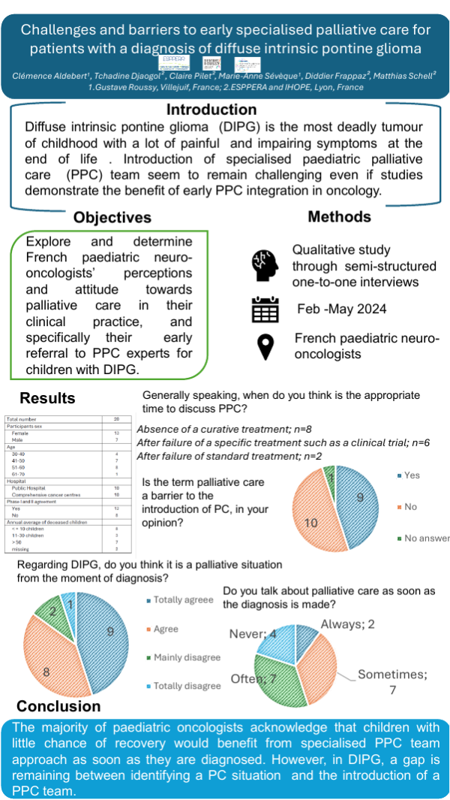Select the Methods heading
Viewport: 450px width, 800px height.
(339, 216)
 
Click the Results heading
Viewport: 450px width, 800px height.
(47, 397)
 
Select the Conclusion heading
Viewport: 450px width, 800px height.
(58, 706)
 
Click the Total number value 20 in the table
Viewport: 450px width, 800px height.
(116, 419)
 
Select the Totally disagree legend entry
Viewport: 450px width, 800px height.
(187, 685)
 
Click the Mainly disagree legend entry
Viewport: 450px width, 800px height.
(187, 657)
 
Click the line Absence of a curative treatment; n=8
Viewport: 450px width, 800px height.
(212, 429)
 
